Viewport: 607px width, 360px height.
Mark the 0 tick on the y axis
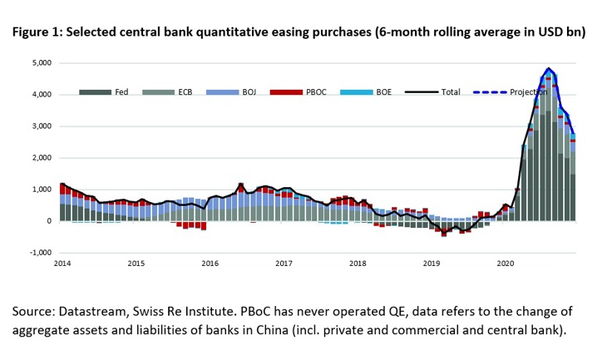[49, 221]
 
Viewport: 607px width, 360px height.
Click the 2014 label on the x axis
[62, 264]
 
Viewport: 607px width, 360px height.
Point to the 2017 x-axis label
[284, 264]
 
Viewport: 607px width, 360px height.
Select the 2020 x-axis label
[505, 264]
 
